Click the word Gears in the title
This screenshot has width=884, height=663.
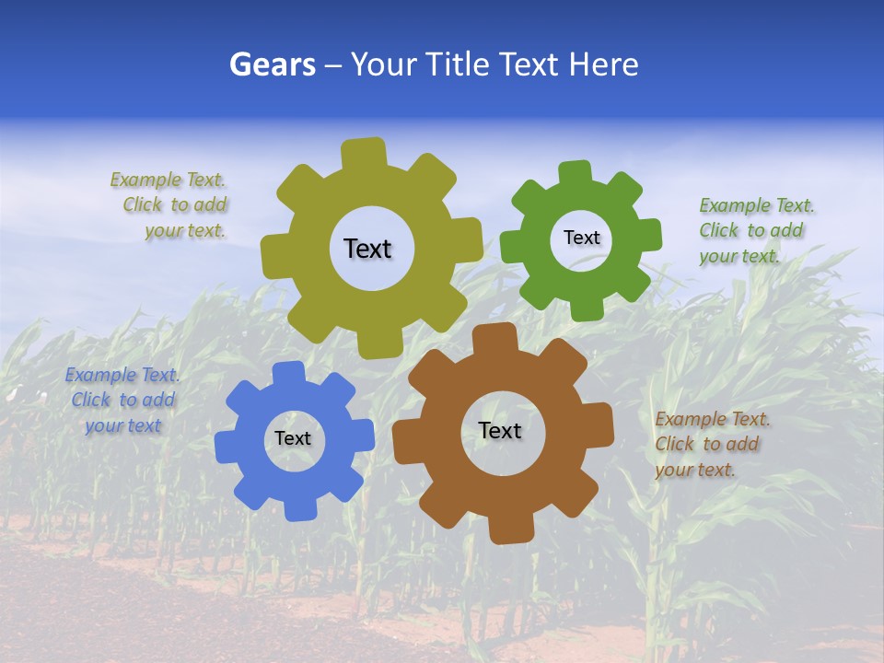tap(273, 65)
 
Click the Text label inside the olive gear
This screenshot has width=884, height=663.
tap(367, 249)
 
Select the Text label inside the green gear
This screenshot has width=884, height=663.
tap(581, 238)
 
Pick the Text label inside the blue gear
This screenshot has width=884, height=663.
tap(293, 439)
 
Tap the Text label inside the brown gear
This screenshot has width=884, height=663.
tap(500, 431)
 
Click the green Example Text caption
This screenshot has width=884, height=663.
tap(756, 230)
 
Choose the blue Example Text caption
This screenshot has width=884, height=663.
tap(122, 401)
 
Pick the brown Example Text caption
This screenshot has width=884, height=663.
tap(712, 444)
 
